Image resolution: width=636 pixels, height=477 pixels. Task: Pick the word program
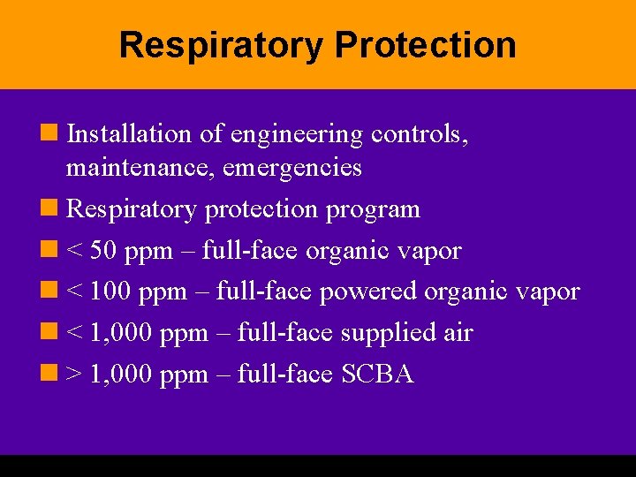coord(373,209)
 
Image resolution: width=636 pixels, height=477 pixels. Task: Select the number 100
coord(110,291)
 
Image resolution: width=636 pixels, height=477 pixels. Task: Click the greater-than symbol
coord(74,375)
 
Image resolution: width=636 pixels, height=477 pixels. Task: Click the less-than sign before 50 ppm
coord(74,251)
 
